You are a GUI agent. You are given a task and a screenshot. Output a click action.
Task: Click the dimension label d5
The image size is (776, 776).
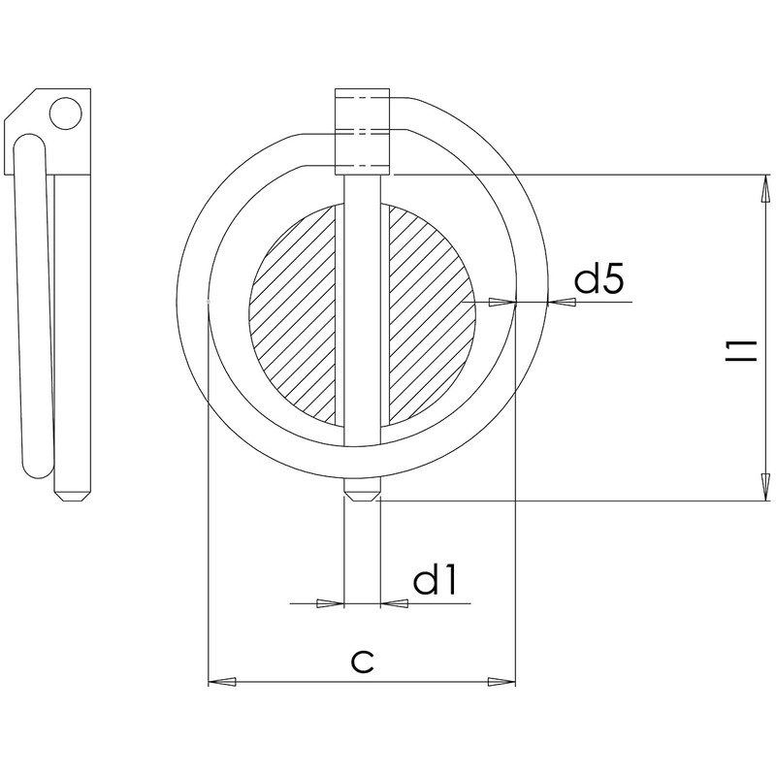(599, 280)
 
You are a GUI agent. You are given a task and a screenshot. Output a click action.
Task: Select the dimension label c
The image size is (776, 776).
(362, 662)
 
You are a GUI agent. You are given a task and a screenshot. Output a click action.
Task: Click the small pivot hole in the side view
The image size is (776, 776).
(66, 113)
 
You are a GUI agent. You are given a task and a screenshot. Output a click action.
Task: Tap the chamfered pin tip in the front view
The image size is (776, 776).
(363, 494)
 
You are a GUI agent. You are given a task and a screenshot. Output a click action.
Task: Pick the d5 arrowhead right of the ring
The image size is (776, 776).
(562, 303)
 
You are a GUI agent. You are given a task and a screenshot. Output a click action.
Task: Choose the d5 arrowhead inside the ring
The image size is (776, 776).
(501, 303)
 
